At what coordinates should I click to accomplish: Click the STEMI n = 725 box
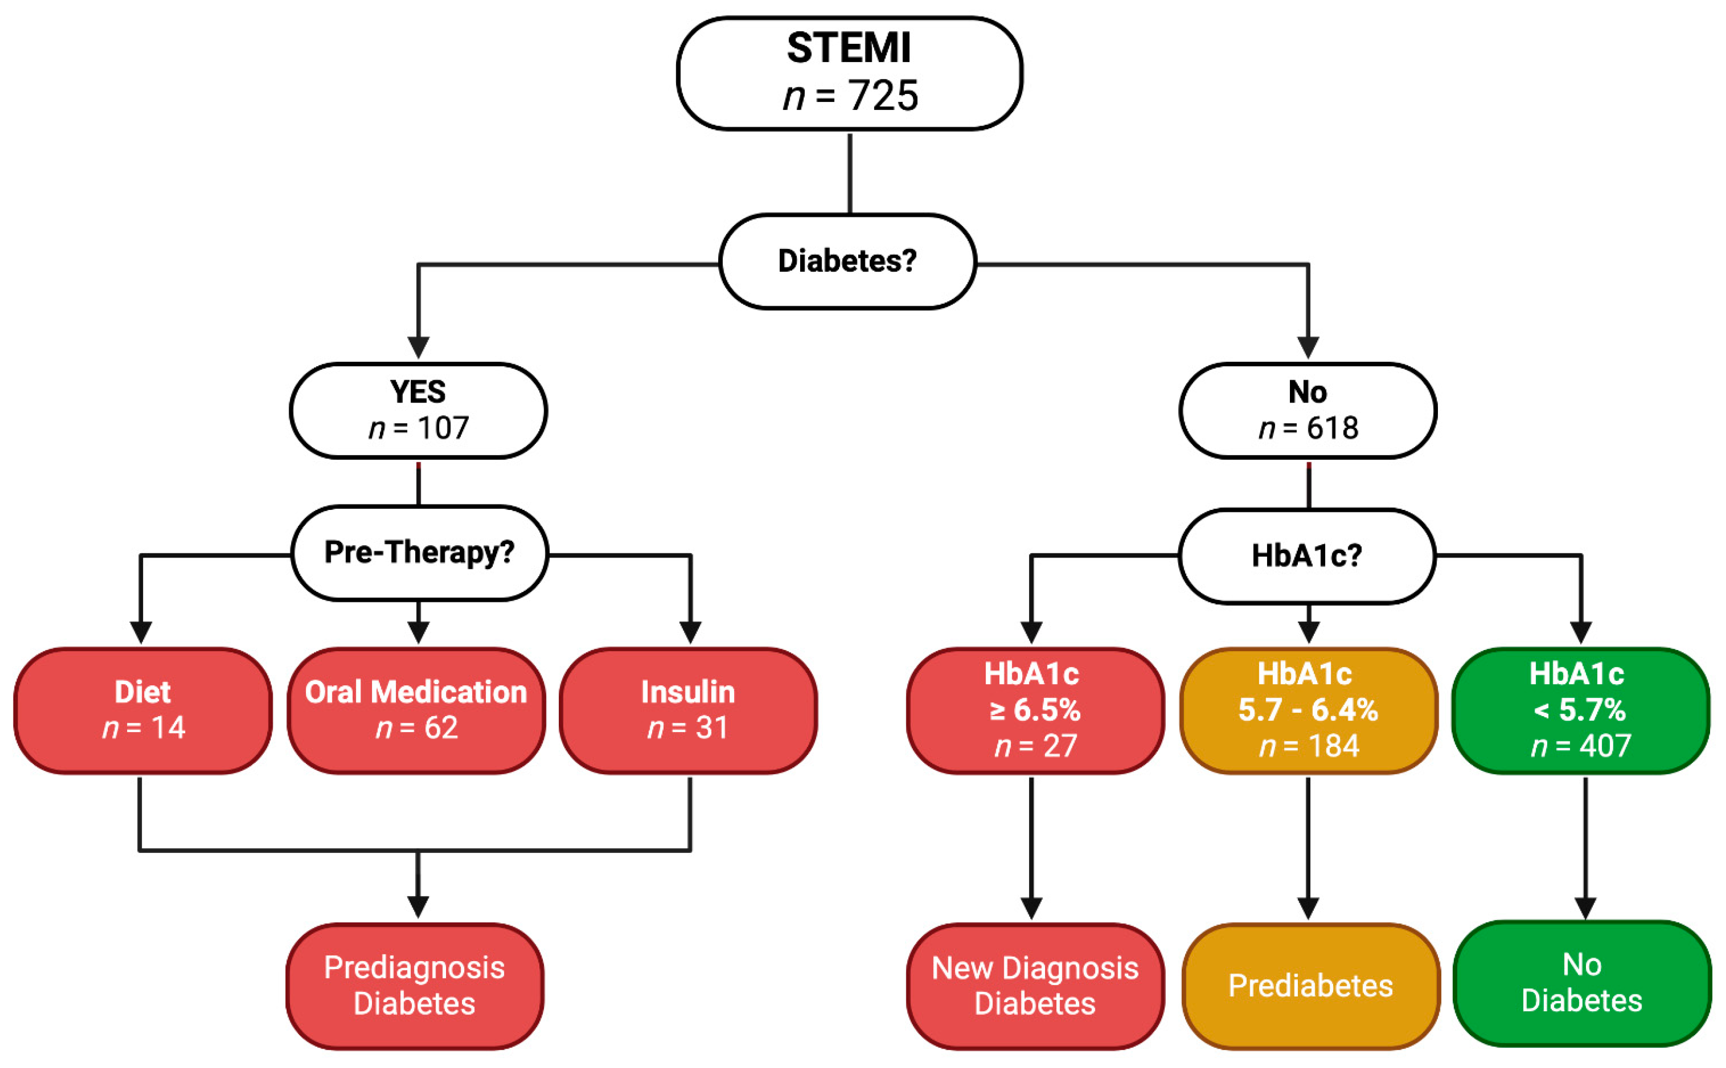[849, 74]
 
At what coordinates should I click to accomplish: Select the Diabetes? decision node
[847, 261]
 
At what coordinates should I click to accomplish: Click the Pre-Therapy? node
[419, 552]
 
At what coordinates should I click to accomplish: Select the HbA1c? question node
[1307, 556]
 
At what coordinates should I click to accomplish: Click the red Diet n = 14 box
[143, 710]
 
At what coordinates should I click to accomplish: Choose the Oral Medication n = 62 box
[416, 710]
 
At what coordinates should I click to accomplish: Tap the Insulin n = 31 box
[688, 710]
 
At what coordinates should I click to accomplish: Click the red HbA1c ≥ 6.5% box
[1035, 710]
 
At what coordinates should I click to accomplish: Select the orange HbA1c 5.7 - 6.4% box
[1308, 710]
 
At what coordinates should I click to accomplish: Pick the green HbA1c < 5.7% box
[1580, 710]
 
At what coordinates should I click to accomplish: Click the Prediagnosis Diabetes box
[414, 986]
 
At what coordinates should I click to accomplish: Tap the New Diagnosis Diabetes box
[1035, 986]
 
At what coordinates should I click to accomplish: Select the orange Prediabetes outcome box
[1310, 986]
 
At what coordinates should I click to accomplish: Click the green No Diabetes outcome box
[1581, 983]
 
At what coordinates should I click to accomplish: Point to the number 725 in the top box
[883, 96]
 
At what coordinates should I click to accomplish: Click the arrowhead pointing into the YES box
[419, 347]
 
